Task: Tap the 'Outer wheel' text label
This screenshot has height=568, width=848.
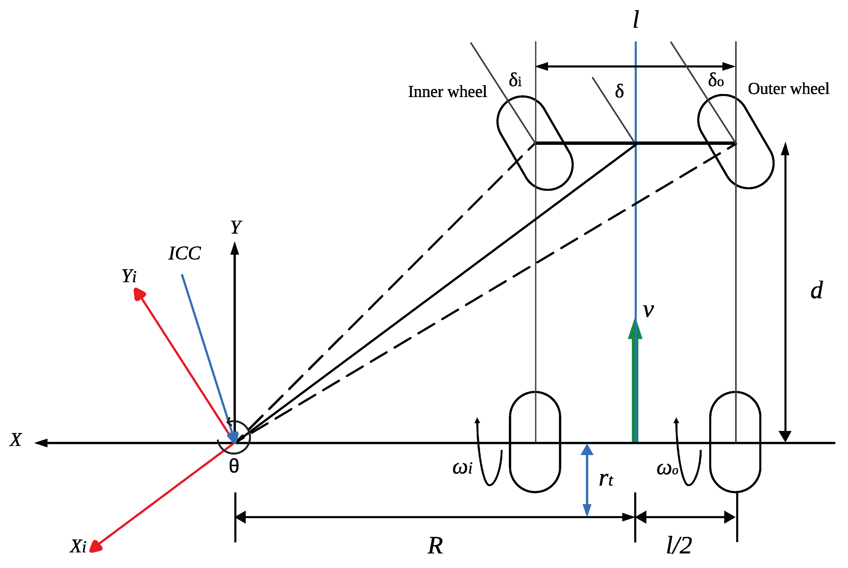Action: coord(788,89)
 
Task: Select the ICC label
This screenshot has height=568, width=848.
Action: coord(185,253)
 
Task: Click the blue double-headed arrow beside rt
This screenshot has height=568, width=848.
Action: coord(587,480)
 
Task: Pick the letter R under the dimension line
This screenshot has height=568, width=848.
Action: coord(435,545)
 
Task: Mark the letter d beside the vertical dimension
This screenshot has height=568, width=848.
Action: coord(817,290)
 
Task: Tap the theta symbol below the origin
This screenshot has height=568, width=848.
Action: coord(234,466)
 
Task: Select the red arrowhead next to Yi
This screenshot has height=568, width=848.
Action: coord(139,294)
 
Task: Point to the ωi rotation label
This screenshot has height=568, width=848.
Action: coord(462,468)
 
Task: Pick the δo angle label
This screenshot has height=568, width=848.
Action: coord(716,80)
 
